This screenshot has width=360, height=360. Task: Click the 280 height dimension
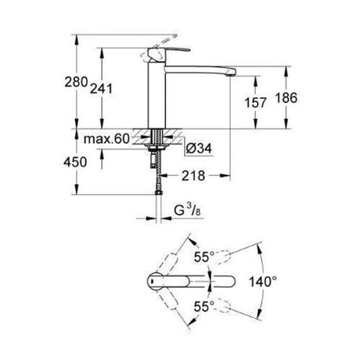coord(76,82)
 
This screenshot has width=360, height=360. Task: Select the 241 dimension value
coord(101,88)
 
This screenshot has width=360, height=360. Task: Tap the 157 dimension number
coord(255,103)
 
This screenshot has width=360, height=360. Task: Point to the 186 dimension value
coord(286,98)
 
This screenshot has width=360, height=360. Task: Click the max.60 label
coord(106,139)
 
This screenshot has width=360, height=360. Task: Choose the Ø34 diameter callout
coord(199,149)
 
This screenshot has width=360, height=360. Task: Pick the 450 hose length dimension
coord(75,162)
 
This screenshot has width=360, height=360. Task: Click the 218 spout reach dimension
coord(193,176)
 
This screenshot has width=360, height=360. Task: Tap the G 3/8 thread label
coord(187,211)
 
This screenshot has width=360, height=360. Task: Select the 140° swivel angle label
coord(263,282)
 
